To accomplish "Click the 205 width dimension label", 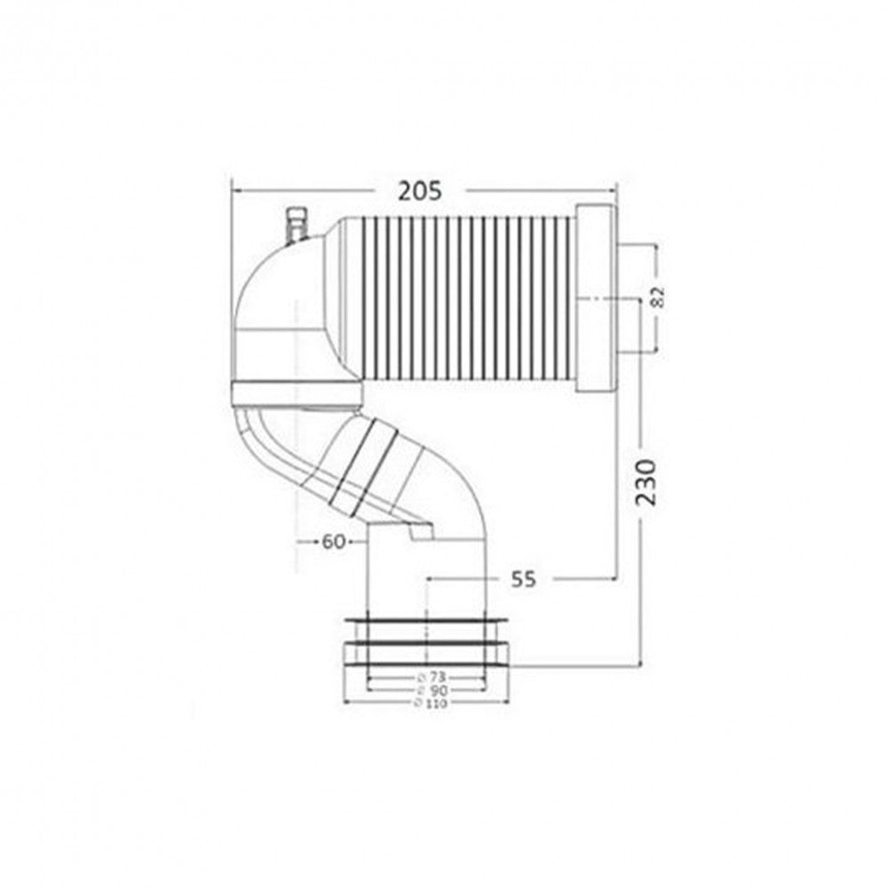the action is (x=419, y=192).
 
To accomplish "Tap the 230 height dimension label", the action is (x=646, y=482).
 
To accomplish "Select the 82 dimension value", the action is (x=657, y=297).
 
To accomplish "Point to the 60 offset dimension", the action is (x=333, y=542).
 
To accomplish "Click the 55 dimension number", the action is (x=523, y=579).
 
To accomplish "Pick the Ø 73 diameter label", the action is (x=432, y=678).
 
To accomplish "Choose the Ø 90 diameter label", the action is (x=432, y=690).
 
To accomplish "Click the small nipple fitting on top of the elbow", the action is (x=295, y=226).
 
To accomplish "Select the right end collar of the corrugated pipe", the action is (x=597, y=298).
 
